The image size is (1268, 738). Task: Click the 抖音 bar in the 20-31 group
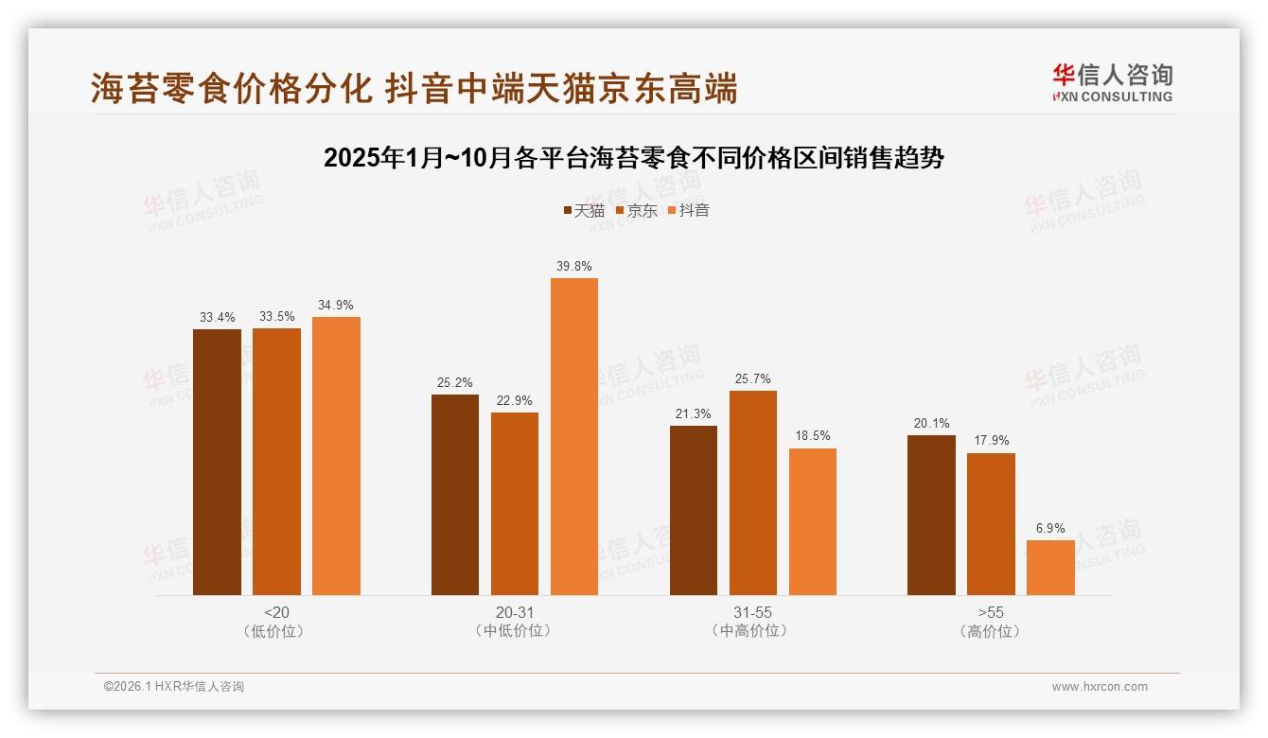coord(574,436)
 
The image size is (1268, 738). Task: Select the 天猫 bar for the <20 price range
coord(217,462)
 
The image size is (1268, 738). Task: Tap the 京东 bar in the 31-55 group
coord(753,493)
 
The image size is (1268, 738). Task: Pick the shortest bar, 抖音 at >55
coord(1050,568)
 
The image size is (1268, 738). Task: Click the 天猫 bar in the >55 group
coord(931,515)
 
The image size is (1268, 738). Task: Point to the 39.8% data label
coord(574,266)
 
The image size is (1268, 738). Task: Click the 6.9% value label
coord(1050,528)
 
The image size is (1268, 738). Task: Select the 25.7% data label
coord(753,378)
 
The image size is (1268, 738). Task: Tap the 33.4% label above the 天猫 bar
coord(217,317)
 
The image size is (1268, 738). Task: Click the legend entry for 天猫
coord(584,210)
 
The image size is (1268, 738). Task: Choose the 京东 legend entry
coord(636,210)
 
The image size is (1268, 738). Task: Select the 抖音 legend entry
coord(689,210)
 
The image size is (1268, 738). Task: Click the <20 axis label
coord(276,612)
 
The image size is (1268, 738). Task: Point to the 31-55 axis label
coord(752,612)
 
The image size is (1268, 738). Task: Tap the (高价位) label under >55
coord(990,631)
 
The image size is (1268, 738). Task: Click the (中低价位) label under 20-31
coord(514,631)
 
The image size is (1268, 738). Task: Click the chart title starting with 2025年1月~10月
coord(633,158)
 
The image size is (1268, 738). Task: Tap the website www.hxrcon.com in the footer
coord(1100,687)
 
